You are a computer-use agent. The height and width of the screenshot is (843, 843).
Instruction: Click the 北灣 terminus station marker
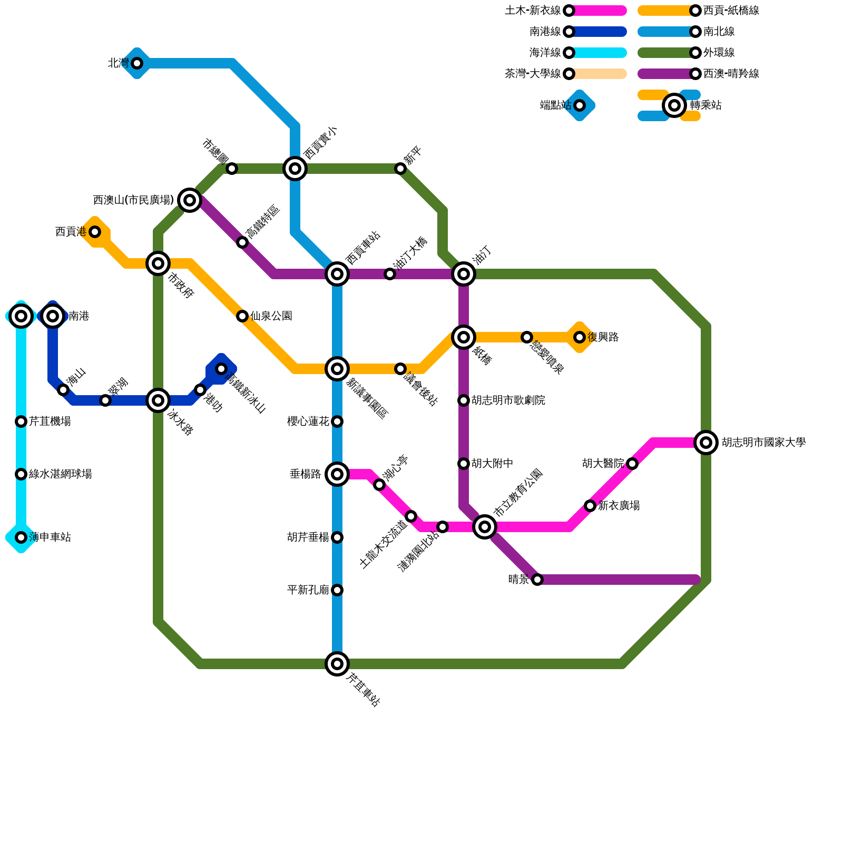coord(137,63)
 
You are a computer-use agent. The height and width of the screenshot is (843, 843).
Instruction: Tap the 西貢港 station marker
coord(95,232)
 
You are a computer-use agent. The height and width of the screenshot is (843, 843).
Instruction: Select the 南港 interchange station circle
coord(53,316)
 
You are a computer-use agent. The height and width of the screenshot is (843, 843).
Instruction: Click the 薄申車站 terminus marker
coord(21,537)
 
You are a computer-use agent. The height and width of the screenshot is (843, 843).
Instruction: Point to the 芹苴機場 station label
coord(50,421)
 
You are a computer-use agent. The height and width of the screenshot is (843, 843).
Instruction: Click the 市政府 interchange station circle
coord(158,263)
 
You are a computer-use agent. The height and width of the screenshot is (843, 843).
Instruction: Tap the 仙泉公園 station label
coord(271,316)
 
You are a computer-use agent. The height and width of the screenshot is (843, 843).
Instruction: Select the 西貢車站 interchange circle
coord(337,274)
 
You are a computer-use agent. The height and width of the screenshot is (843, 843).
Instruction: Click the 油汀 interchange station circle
coord(464,274)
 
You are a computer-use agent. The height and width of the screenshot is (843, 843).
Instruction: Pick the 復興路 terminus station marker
coord(580,337)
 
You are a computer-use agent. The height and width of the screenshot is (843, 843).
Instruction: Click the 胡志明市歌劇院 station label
coord(508,400)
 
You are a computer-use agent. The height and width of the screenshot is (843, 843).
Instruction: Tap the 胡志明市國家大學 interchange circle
coord(706,443)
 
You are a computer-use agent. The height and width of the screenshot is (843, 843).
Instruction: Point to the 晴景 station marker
coord(537,580)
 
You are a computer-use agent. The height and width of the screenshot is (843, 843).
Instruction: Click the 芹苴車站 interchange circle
coord(337,664)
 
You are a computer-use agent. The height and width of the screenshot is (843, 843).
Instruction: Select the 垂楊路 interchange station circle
coord(337,474)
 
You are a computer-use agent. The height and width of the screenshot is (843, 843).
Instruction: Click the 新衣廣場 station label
coord(619,506)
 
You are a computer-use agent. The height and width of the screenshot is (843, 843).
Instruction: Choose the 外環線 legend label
coord(719,53)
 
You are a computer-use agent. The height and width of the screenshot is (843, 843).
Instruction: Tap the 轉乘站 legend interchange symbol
coord(674,105)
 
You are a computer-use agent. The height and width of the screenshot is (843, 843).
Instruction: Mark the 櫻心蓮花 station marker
coord(337,421)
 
